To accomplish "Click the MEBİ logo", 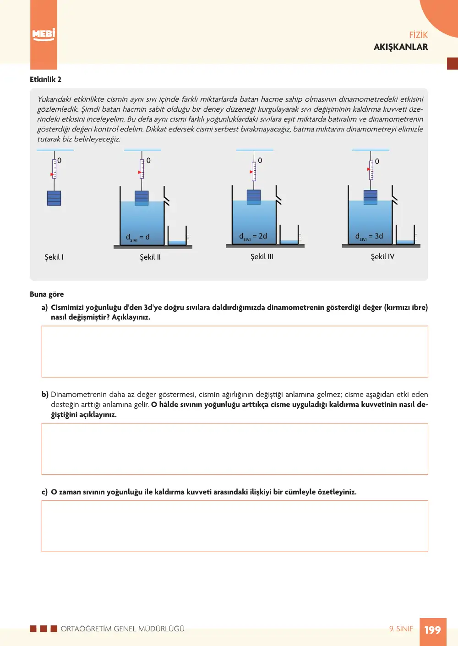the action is tap(44, 35).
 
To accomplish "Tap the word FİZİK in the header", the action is tap(418, 35).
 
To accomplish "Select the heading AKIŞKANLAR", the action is tap(401, 47).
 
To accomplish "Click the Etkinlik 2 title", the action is tap(45, 79).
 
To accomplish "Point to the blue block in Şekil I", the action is tap(54, 198).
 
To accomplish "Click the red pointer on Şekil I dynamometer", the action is tap(52, 174).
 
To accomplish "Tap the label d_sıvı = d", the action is tap(137, 237).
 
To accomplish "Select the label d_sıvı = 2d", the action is tap(253, 237).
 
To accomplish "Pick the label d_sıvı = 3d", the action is tap(369, 237).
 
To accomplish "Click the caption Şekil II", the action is tap(150, 257).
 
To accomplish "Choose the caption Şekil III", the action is tap(262, 256).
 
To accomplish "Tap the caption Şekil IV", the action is tap(382, 256).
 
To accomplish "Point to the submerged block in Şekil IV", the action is tap(371, 197).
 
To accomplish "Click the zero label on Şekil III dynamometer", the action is tap(260, 160).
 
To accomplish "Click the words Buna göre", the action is tap(47, 294).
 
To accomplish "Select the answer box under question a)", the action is tap(235, 352).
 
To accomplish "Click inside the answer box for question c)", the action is tap(235, 526).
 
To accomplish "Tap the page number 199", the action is tap(433, 630).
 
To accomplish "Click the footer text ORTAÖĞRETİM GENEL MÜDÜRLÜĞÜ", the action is tap(123, 629).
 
